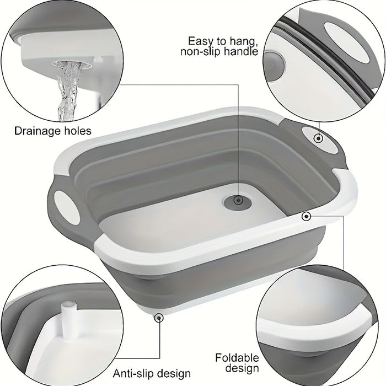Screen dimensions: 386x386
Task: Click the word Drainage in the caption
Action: tap(37, 131)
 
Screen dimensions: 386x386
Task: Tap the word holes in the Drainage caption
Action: tap(78, 131)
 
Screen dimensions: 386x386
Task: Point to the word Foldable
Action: tap(237, 358)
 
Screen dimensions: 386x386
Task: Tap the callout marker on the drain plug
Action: tap(238, 200)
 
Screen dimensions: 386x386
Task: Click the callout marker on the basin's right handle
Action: tap(319, 138)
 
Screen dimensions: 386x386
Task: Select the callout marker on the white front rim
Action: tap(306, 216)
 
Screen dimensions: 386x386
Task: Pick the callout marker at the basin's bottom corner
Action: tap(159, 318)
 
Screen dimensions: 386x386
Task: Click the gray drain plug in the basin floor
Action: tap(238, 201)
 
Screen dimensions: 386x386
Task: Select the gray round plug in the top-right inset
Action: tap(275, 66)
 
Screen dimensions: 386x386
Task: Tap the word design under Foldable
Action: tap(242, 368)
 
